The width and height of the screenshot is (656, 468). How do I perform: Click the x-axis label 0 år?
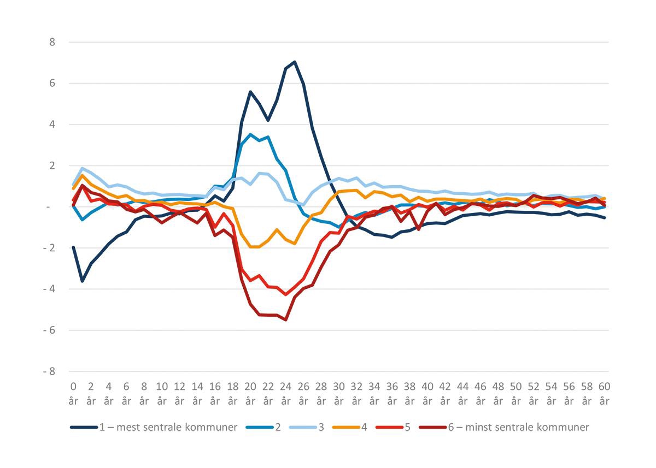point(73,393)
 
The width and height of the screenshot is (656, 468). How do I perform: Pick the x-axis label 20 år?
point(250,393)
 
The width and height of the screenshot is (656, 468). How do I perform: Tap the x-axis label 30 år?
point(339,393)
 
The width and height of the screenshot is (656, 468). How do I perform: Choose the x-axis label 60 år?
point(604,393)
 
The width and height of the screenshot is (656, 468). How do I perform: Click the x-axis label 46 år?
point(481,393)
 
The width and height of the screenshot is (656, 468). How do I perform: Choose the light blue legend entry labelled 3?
point(311,427)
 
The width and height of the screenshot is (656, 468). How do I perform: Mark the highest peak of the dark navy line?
point(295,62)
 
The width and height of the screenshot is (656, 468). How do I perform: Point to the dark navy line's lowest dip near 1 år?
point(82,281)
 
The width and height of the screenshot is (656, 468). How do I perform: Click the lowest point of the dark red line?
point(286,319)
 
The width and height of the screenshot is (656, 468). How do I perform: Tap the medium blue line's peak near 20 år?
point(250,134)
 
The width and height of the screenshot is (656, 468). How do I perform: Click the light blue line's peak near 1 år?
point(82,168)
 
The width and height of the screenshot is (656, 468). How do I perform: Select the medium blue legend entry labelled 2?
point(267,427)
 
